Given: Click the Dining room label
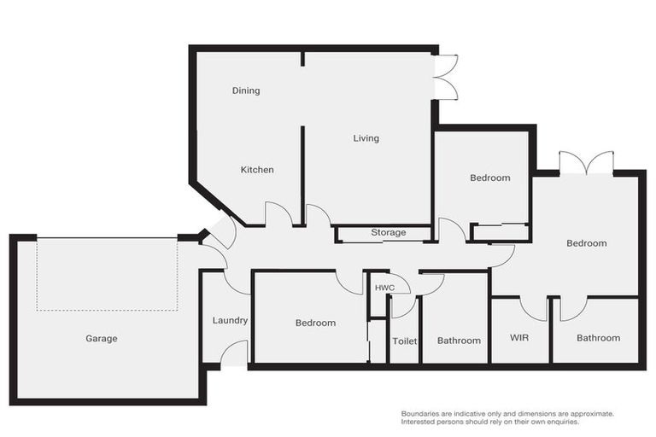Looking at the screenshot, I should pyautogui.click(x=246, y=90).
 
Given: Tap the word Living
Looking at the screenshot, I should pyautogui.click(x=366, y=138).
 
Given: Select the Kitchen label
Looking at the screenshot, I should pyautogui.click(x=257, y=170).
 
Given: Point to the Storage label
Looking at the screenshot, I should pyautogui.click(x=387, y=233).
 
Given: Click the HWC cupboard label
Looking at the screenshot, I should pyautogui.click(x=384, y=288).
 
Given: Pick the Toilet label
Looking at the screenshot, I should pyautogui.click(x=404, y=341).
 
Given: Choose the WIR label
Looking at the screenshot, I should pyautogui.click(x=519, y=338).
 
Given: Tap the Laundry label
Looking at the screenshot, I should pyautogui.click(x=230, y=321).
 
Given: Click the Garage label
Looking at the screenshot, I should pyautogui.click(x=102, y=339).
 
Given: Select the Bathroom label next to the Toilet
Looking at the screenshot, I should pyautogui.click(x=459, y=341).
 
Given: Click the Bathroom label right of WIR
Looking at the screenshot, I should pyautogui.click(x=598, y=338).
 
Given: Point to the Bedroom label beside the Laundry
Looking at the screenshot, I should pyautogui.click(x=315, y=323).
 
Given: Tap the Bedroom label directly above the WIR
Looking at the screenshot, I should pyautogui.click(x=587, y=243).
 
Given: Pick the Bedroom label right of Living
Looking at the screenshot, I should pyautogui.click(x=490, y=178).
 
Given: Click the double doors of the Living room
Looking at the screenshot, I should pyautogui.click(x=446, y=77).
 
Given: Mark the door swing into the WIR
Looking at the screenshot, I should pyautogui.click(x=533, y=308).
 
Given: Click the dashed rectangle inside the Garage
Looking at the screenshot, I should pyautogui.click(x=107, y=274).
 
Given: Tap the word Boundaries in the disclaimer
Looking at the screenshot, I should pyautogui.click(x=422, y=414).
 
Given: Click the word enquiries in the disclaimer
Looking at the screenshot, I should pyautogui.click(x=559, y=422).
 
